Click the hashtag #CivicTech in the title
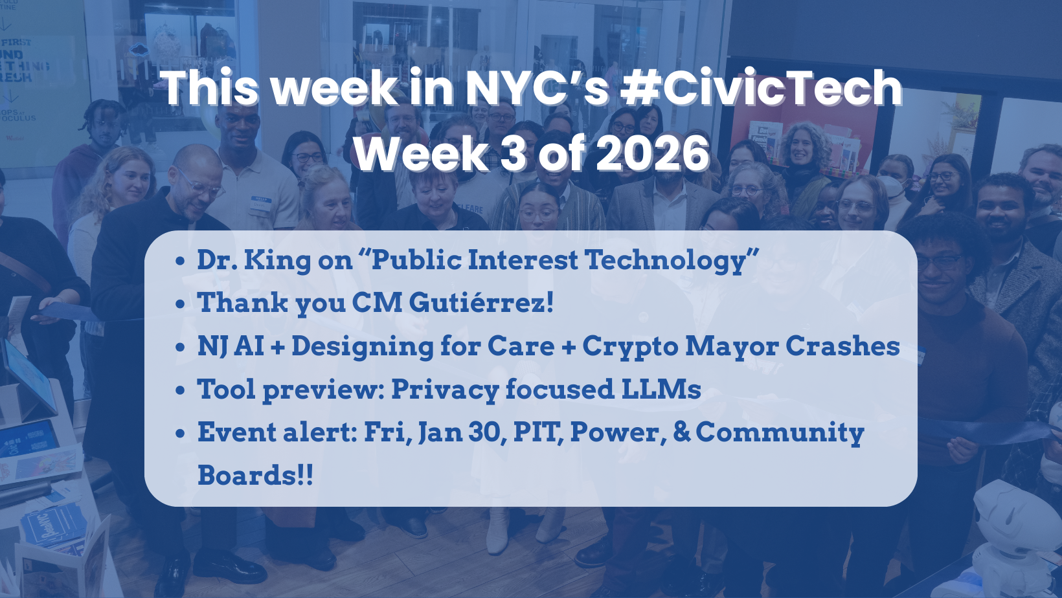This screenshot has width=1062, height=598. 761,89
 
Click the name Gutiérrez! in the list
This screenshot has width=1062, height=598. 481,303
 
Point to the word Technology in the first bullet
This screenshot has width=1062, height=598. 672,260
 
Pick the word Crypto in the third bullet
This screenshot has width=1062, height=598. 630,347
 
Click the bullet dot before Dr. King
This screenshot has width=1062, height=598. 181,261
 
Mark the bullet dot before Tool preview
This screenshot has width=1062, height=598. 181,391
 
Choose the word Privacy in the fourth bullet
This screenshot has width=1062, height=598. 444,390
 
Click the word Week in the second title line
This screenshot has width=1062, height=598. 421,154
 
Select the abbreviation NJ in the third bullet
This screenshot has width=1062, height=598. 212,346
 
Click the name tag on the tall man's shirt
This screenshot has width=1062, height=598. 260,203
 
